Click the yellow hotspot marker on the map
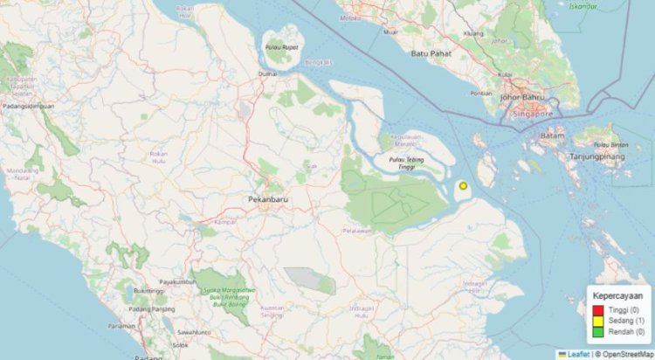pyautogui.click(x=463, y=185)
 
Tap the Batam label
pyautogui.click(x=554, y=135)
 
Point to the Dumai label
pyautogui.click(x=266, y=75)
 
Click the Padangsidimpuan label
pyautogui.click(x=29, y=106)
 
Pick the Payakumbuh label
pyautogui.click(x=178, y=281)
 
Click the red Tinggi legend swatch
pyautogui.click(x=598, y=309)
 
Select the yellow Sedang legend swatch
pyautogui.click(x=598, y=321)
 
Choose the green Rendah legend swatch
pyautogui.click(x=598, y=332)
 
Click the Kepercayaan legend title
pyautogui.click(x=618, y=296)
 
